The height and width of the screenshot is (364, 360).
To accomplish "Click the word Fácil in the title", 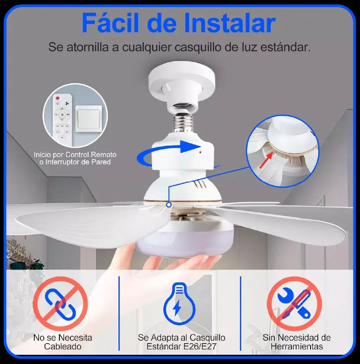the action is [110, 23].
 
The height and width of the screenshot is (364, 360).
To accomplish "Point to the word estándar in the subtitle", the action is [285, 47].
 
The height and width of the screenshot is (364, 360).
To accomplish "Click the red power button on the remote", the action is [58, 98].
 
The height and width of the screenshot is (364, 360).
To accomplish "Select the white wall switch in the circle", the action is [89, 119].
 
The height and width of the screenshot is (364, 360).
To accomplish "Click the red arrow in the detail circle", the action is [266, 160].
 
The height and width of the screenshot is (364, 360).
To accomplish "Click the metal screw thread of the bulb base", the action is [183, 122].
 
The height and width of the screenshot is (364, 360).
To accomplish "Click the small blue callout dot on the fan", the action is [169, 205].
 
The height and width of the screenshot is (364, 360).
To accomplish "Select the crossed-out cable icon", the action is [60, 303].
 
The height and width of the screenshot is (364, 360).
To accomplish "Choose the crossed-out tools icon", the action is [294, 303].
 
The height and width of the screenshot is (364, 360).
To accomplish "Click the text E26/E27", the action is [200, 346].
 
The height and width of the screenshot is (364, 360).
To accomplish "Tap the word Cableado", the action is [62, 346].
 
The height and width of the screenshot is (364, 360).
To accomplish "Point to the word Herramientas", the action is [297, 346].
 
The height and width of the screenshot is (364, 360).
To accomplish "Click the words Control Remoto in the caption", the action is [91, 155].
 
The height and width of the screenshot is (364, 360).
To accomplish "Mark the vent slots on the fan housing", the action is [200, 185].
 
